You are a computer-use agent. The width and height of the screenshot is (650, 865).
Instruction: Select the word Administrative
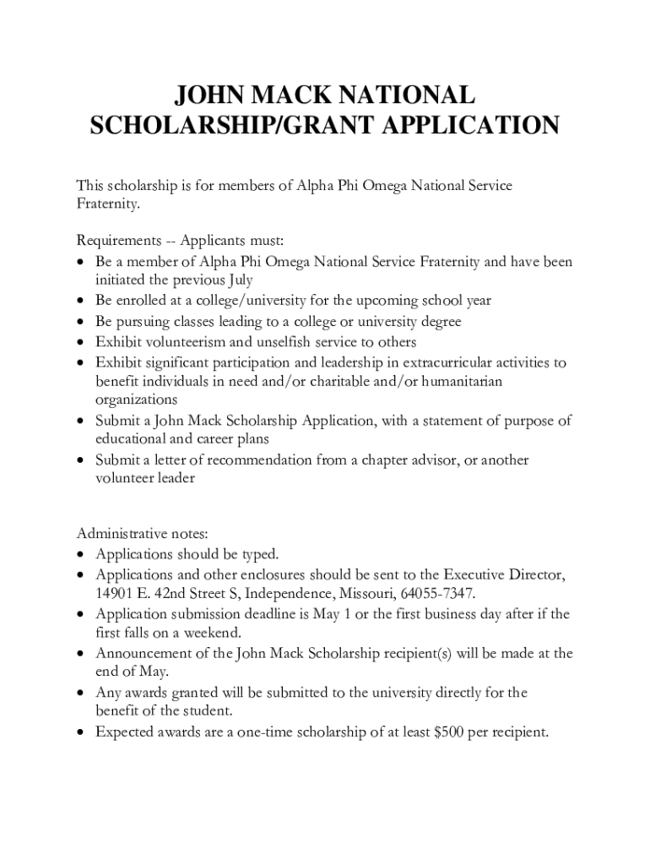[124, 534]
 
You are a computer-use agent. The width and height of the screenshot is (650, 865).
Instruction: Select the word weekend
[211, 633]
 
